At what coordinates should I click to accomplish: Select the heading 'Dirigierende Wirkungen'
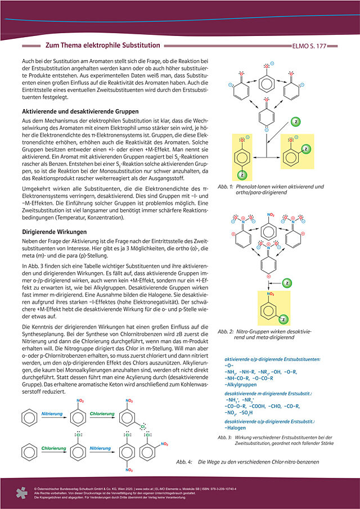tap(49, 231)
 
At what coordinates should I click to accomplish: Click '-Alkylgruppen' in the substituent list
tap(241, 386)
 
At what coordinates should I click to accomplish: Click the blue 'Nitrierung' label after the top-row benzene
tap(54, 414)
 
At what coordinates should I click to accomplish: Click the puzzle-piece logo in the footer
tap(22, 493)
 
